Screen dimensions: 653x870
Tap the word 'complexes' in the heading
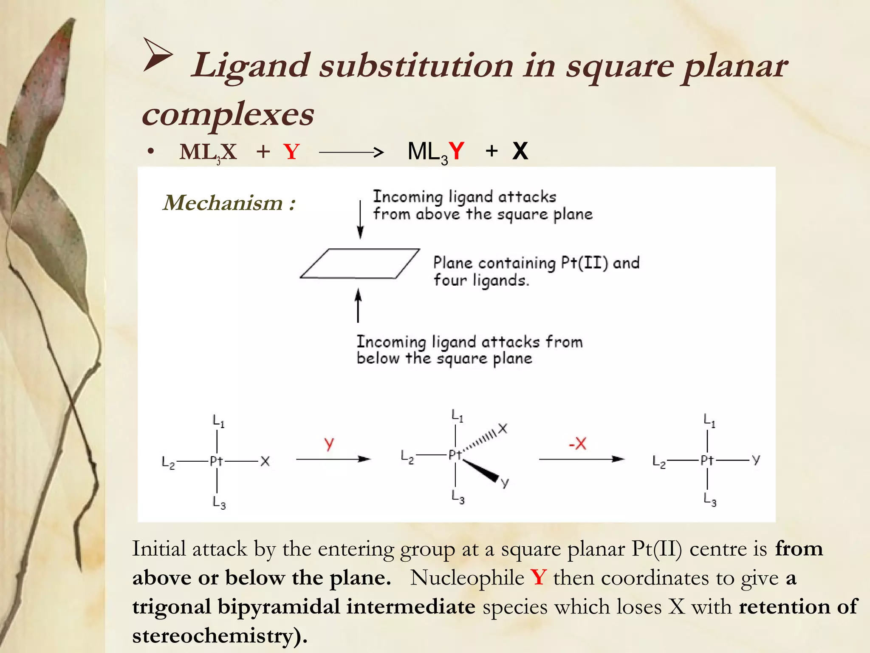tap(228, 115)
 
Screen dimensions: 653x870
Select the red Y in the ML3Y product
tap(457, 151)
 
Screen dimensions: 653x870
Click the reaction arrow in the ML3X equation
tap(351, 152)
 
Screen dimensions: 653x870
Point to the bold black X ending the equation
tap(520, 151)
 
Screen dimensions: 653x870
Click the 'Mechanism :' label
tap(229, 203)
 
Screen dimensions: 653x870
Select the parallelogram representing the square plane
tap(360, 264)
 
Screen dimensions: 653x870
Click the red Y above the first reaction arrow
tap(329, 444)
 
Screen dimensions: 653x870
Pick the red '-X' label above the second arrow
tap(578, 444)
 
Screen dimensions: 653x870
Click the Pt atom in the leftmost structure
tap(216, 461)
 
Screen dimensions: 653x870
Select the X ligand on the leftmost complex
tap(265, 461)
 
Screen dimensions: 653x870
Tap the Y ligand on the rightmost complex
tap(756, 459)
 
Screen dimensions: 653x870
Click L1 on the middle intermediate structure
tap(457, 415)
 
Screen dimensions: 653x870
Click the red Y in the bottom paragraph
tap(539, 578)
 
